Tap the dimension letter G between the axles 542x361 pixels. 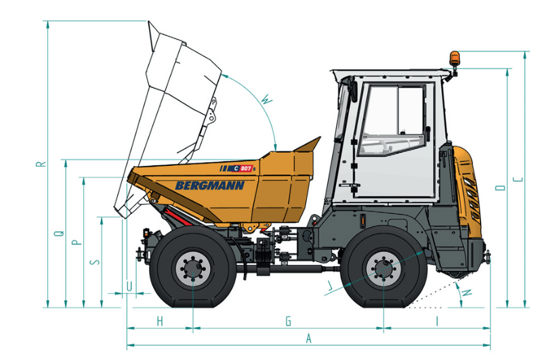[288, 320]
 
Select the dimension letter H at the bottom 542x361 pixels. [161, 320]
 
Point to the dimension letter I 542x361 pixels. [437, 320]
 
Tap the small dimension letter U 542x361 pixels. [129, 286]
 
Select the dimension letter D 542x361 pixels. [501, 187]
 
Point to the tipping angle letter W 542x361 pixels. [266, 101]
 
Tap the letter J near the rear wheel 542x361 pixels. [330, 286]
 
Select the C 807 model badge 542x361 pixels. [242, 168]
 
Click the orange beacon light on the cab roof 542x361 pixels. [453, 58]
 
